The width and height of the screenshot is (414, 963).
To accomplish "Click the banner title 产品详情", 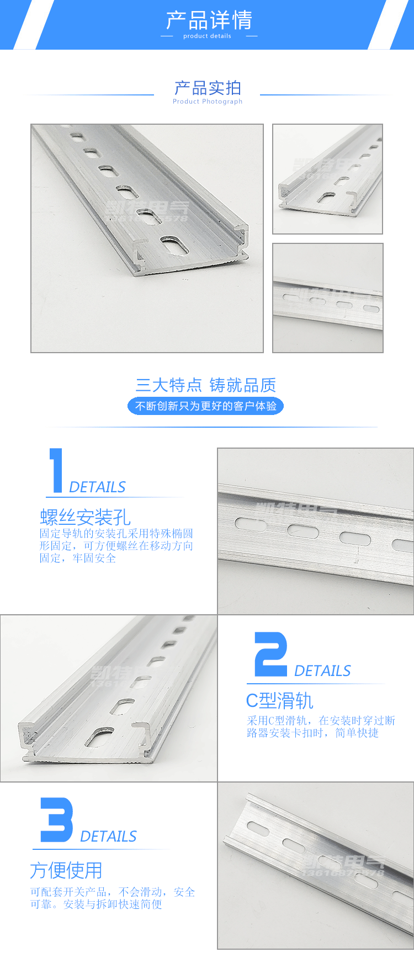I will (209, 20).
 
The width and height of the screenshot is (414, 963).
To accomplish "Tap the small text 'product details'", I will (207, 36).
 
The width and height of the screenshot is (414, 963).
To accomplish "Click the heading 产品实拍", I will (208, 88).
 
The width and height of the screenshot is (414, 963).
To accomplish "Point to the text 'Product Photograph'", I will (208, 102).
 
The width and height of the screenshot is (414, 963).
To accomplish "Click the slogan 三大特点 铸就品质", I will (205, 385).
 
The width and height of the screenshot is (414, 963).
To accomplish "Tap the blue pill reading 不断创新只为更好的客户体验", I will (205, 406).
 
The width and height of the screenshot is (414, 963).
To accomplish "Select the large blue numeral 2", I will (270, 655).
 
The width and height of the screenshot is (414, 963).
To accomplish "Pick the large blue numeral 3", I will (56, 820).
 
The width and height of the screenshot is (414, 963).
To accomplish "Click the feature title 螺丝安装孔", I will (85, 517).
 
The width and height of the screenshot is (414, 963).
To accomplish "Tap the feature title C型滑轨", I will (279, 701).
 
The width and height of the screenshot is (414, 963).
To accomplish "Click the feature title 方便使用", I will (66, 870).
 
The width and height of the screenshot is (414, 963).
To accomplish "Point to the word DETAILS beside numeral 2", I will (322, 671).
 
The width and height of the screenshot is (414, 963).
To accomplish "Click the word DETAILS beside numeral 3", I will (108, 837).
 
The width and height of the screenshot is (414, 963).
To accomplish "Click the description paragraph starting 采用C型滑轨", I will (321, 727).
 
